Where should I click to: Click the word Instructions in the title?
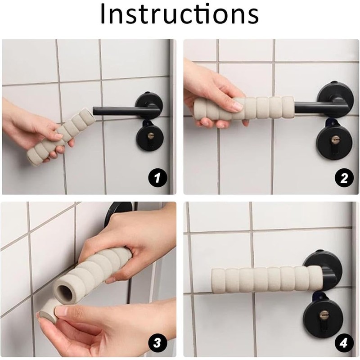pyautogui.click(x=180, y=13)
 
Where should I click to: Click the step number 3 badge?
pyautogui.click(x=157, y=343)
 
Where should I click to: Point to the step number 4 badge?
pyautogui.click(x=343, y=343)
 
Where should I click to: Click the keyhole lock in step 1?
pyautogui.click(x=150, y=137)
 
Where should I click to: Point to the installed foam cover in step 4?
pyautogui.click(x=266, y=280)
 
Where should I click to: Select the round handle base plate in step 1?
pyautogui.click(x=150, y=103)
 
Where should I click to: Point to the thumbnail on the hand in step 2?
pyautogui.click(x=237, y=106)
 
